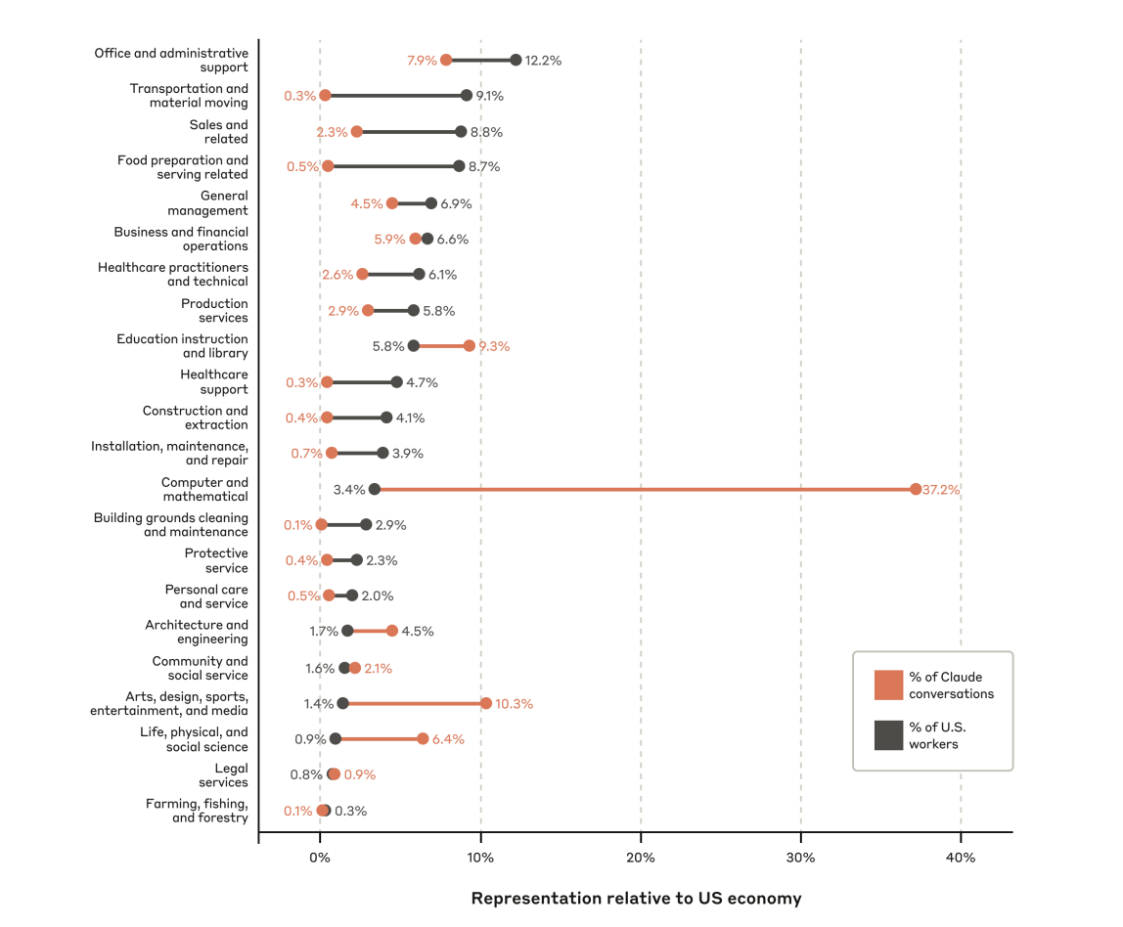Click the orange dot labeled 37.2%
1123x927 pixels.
tap(916, 489)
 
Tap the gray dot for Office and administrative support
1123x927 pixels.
tap(516, 60)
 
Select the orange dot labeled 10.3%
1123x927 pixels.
tap(486, 703)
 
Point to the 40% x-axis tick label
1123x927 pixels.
tap(961, 858)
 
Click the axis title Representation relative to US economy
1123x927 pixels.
tap(636, 898)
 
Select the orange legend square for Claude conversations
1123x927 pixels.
tap(888, 684)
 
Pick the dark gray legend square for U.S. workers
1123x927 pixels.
tap(888, 735)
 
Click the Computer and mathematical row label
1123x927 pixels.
tap(204, 489)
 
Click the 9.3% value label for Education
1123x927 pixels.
tap(494, 346)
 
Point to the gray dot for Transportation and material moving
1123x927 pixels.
tap(467, 96)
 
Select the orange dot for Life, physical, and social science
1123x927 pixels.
tap(423, 738)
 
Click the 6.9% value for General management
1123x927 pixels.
tap(456, 203)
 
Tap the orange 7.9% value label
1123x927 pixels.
tap(422, 61)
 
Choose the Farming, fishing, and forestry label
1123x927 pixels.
tap(197, 811)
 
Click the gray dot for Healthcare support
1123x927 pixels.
tap(396, 382)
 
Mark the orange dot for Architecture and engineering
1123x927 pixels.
tap(392, 631)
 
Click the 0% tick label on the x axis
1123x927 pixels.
tap(320, 858)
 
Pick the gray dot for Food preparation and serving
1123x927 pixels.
tap(459, 166)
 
